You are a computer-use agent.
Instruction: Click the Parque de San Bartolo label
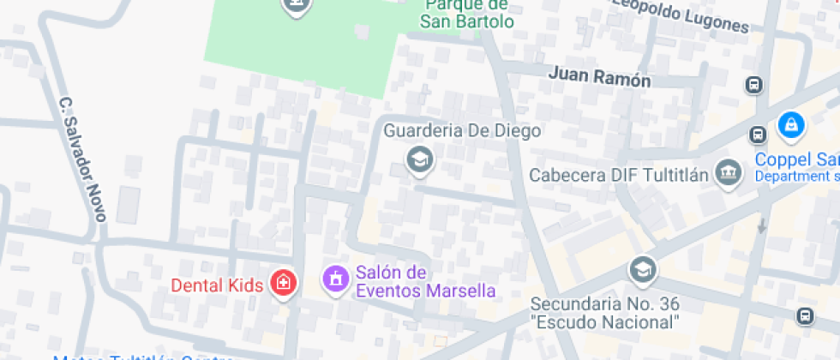coord(469,13)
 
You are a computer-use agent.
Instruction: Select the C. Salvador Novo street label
coord(82,159)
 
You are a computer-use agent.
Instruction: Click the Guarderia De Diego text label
coord(462,130)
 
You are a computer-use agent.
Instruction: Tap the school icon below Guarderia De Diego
coord(419,159)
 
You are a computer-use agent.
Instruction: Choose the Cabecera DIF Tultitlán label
coord(619,176)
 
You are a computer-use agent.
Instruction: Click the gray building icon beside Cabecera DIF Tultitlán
coord(729,172)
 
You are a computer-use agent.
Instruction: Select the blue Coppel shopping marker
coord(790,126)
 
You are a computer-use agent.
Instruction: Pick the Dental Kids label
coord(217,285)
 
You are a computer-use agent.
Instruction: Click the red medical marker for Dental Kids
coord(282,281)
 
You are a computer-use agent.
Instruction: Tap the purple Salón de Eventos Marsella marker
coord(334,279)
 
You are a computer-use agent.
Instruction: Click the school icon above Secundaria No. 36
coord(641,271)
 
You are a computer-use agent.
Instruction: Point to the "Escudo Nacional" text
coord(605,322)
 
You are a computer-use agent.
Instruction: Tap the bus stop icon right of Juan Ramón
coord(754,85)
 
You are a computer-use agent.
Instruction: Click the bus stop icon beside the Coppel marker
coord(758,135)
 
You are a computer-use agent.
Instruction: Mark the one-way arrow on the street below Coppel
coord(762,225)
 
